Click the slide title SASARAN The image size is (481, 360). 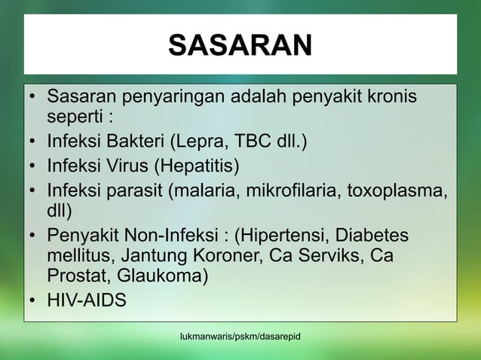tap(239, 46)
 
